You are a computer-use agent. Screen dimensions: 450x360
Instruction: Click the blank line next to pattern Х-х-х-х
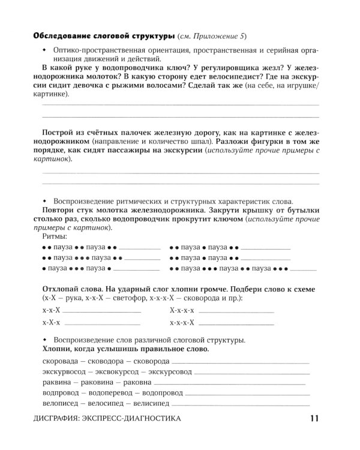coord(236,311)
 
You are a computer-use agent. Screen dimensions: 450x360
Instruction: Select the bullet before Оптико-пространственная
coord(44,50)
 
